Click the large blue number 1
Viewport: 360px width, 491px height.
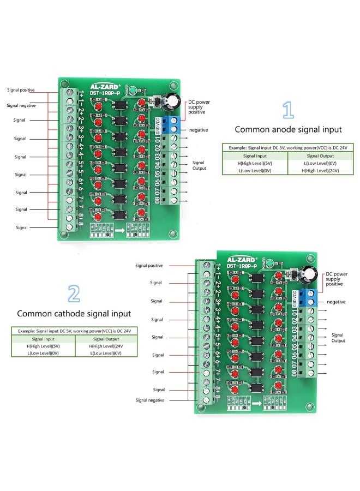tap(287, 110)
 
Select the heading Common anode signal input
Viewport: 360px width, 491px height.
tap(288, 130)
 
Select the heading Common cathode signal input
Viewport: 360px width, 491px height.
tap(74, 314)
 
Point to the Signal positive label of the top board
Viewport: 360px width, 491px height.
tap(21, 89)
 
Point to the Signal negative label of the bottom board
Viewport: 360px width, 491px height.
tap(149, 400)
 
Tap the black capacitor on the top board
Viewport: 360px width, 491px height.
tap(174, 103)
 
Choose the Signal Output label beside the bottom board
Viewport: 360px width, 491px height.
tap(338, 338)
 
